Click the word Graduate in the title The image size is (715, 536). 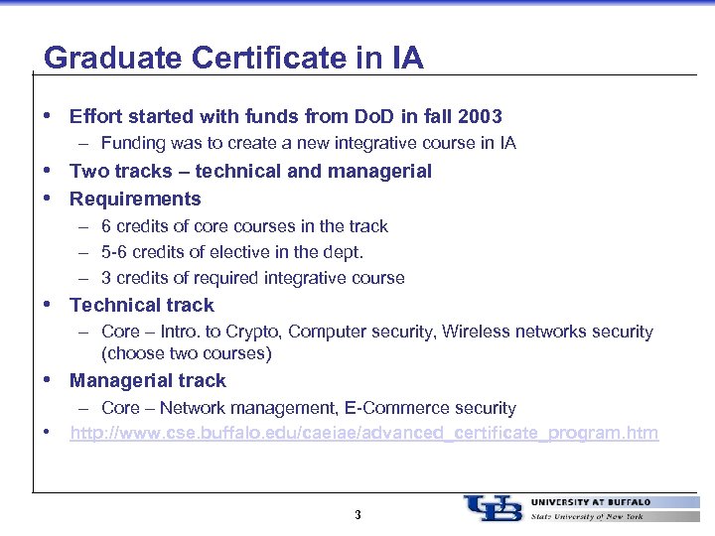click(99, 58)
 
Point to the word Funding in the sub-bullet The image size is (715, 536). click(133, 143)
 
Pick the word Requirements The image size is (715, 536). click(135, 199)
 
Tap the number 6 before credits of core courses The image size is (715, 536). click(106, 226)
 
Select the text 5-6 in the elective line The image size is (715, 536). click(115, 252)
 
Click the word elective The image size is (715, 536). click(266, 252)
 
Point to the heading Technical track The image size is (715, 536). click(142, 305)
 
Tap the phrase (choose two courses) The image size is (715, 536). click(186, 353)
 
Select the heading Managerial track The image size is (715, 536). click(148, 380)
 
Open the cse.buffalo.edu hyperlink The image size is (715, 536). click(363, 434)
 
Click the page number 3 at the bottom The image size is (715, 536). click(357, 515)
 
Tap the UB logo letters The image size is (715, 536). click(493, 507)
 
